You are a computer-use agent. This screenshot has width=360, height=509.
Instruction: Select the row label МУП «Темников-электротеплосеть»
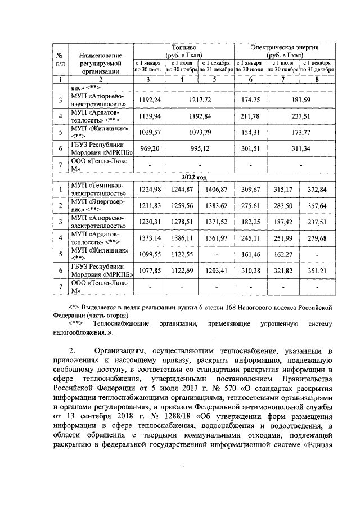pos(101,188)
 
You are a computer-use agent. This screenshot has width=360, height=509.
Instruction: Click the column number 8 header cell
pos(318,79)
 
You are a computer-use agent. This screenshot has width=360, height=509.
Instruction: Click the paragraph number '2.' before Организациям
pos(71,350)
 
